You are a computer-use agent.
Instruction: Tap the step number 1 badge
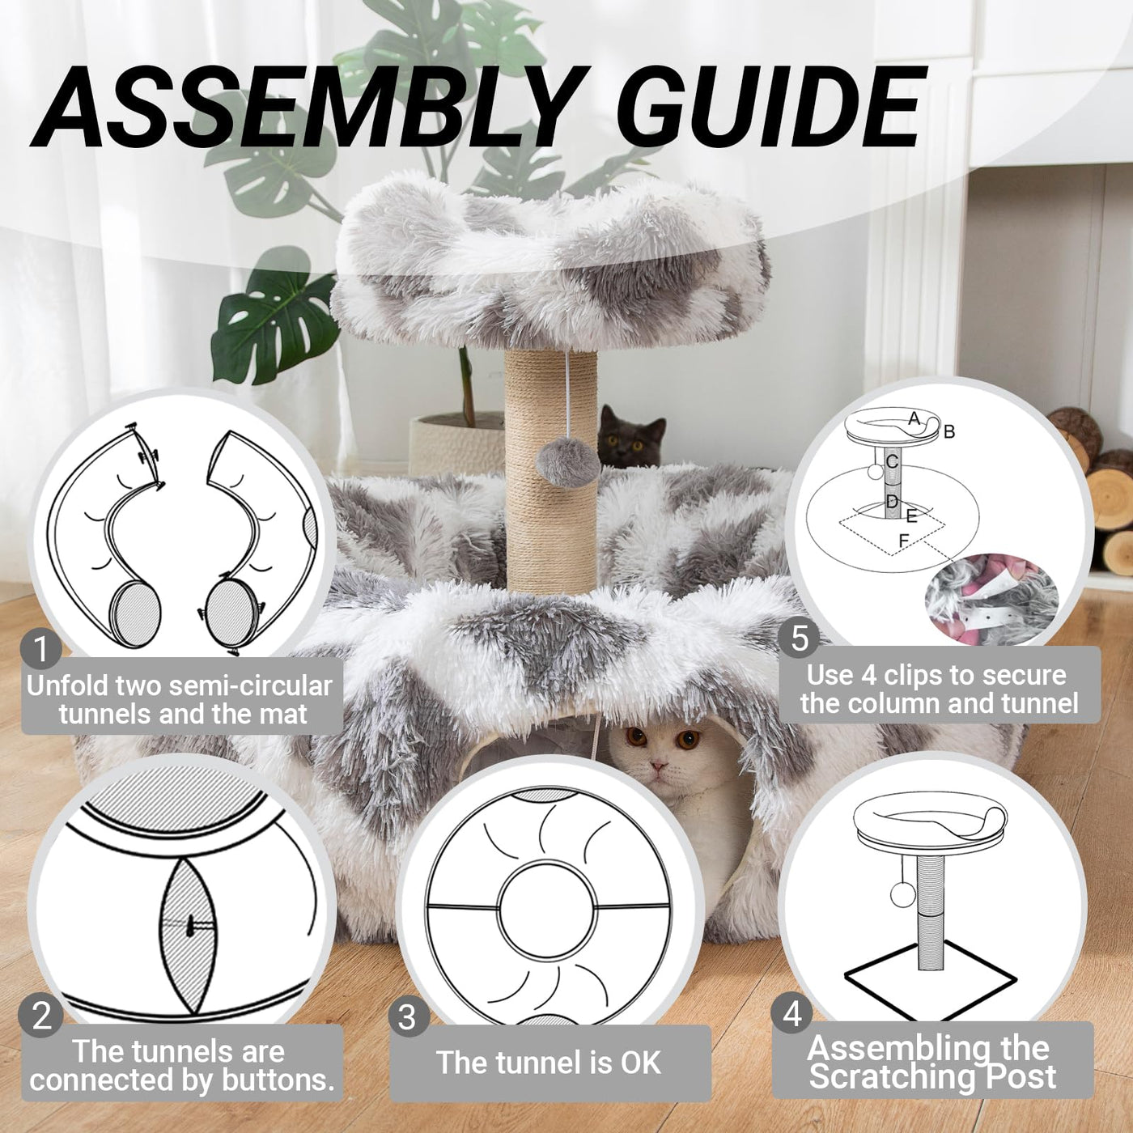[40, 650]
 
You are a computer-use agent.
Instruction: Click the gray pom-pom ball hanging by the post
[567, 461]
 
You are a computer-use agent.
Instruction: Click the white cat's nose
[659, 766]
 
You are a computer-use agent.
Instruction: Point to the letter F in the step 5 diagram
[904, 541]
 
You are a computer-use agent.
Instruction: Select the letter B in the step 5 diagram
[949, 432]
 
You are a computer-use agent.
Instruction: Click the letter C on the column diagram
[891, 461]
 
